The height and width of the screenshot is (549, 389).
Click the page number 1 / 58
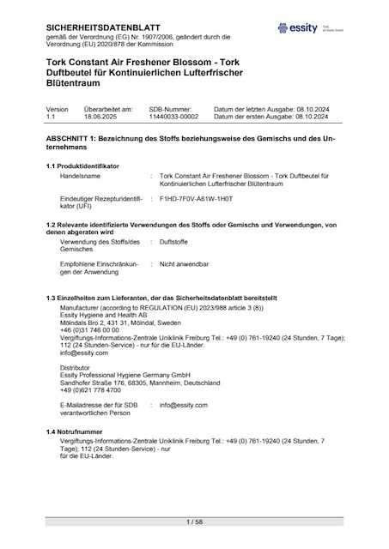[x=194, y=522]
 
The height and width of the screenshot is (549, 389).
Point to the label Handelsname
[x=80, y=175]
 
